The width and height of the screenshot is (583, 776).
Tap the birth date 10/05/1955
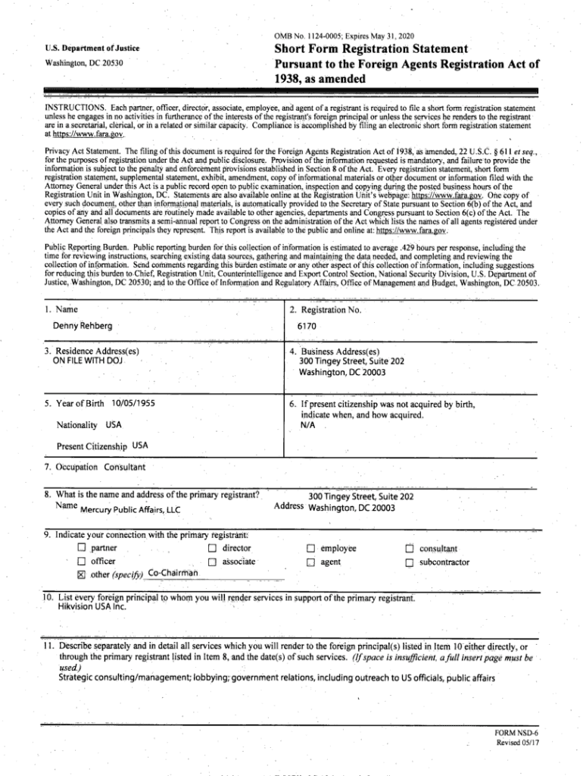(x=132, y=404)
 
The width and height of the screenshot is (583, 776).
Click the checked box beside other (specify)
(x=81, y=574)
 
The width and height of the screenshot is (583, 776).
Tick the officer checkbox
(x=81, y=562)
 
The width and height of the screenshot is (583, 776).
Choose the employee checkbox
(x=310, y=549)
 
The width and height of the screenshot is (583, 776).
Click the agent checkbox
(x=310, y=562)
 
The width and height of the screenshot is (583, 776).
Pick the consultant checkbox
(x=410, y=549)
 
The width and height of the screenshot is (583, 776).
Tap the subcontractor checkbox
(x=410, y=562)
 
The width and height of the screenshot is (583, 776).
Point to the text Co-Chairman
(x=173, y=573)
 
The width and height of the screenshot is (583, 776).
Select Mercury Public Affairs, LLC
(x=129, y=509)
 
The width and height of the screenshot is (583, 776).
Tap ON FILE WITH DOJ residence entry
(x=87, y=361)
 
